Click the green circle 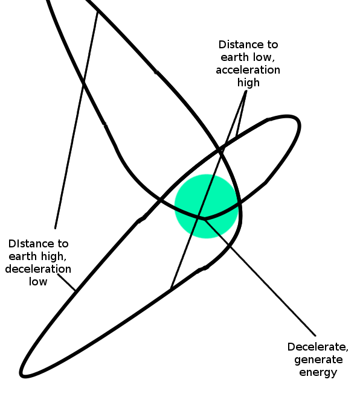207,206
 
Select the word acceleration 248,70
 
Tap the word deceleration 38,269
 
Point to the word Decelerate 318,348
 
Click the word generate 318,360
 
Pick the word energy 318,373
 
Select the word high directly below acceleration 248,83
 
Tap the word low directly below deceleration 38,281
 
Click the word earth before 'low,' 234,57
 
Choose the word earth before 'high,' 22,256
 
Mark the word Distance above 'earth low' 238,45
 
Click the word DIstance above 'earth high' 28,244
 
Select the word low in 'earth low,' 263,58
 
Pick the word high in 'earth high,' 53,257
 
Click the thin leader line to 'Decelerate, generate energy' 260,278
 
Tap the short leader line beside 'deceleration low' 66,282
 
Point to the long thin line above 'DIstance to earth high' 77,119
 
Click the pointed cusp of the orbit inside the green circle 204,219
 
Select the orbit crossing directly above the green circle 221,149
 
